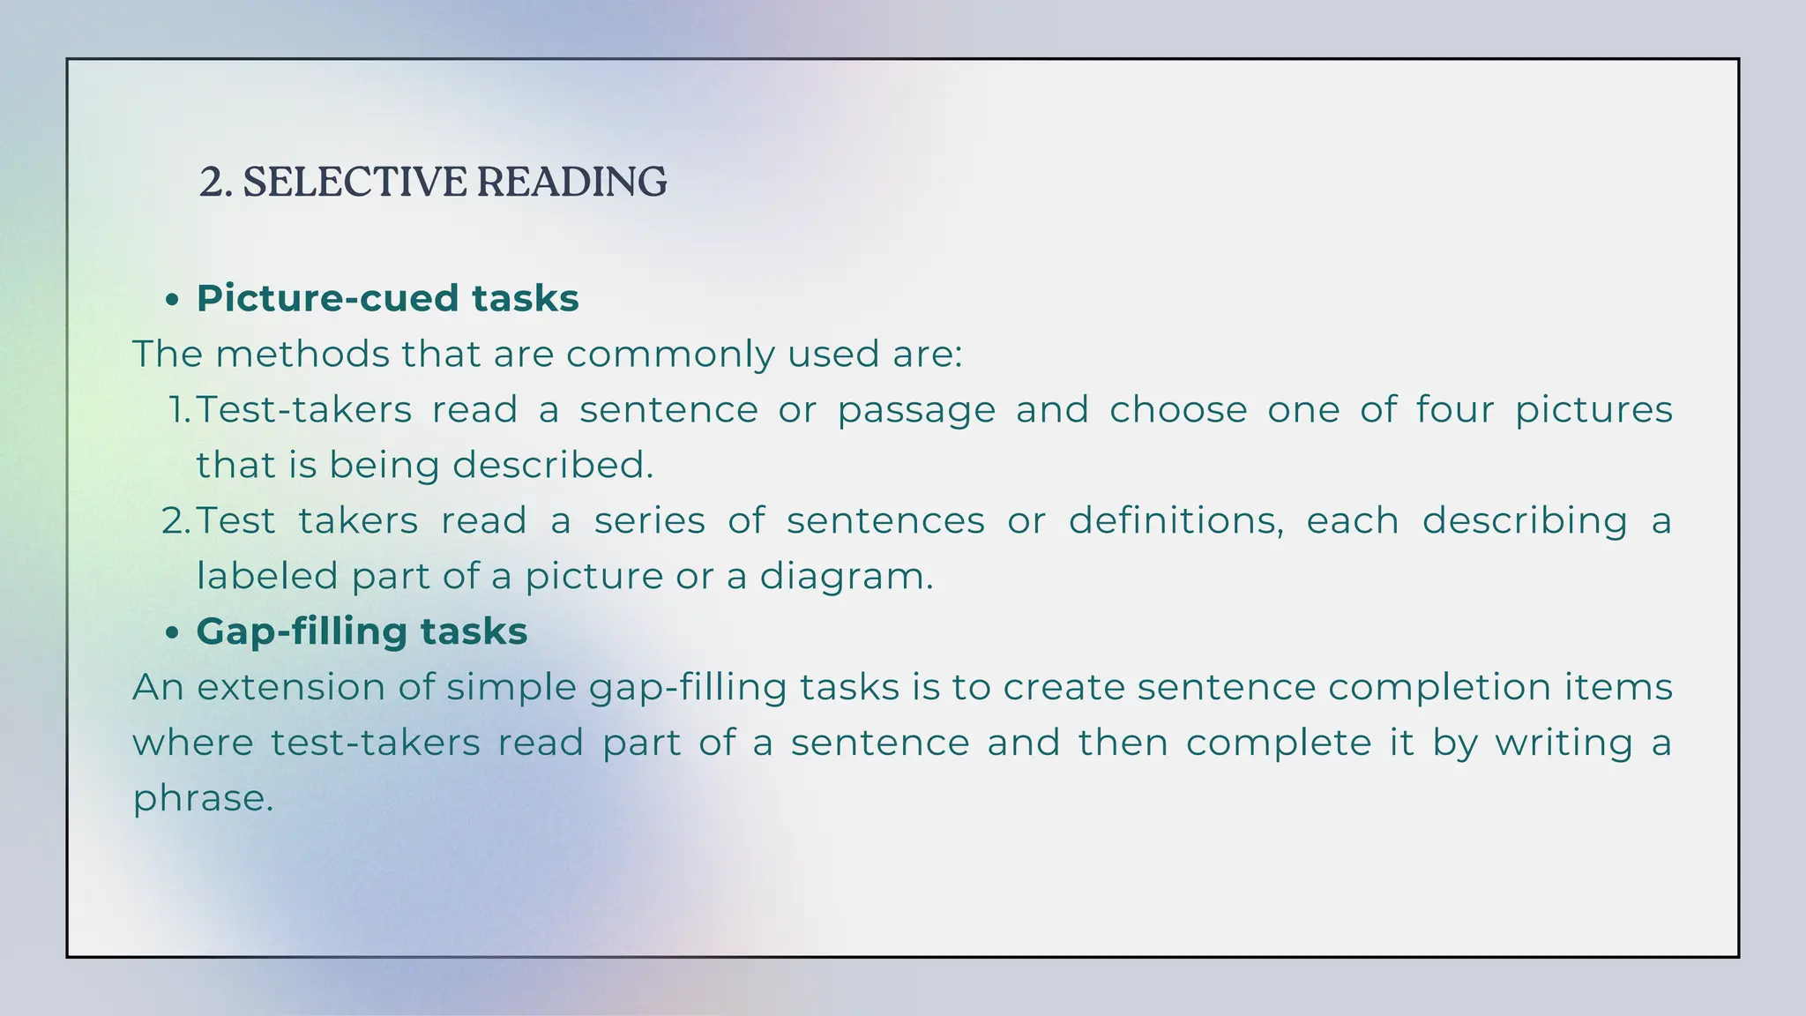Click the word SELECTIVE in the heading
354,182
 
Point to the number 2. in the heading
215,182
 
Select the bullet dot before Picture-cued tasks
173,301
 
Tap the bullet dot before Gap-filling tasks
173,633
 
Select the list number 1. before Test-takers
179,410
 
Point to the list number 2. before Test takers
176,521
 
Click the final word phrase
202,799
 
